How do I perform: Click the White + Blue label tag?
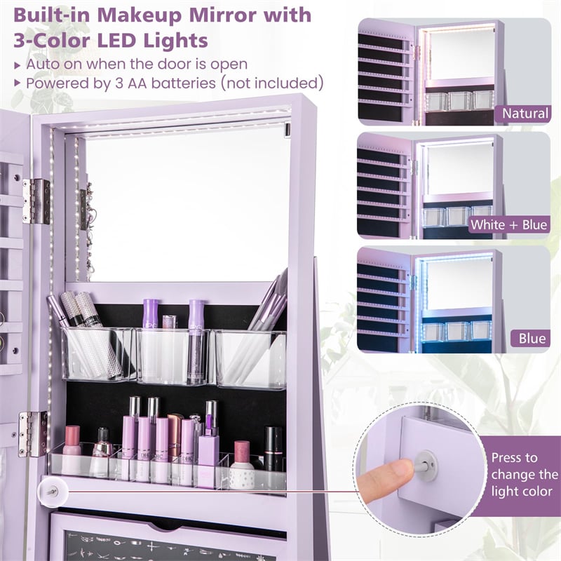coord(509,225)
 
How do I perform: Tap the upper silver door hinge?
coord(36,201)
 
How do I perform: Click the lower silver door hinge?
coord(33,434)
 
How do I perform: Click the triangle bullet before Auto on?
coord(17,65)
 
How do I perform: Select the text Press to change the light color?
coord(524,475)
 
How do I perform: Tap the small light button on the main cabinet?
coord(52,492)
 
